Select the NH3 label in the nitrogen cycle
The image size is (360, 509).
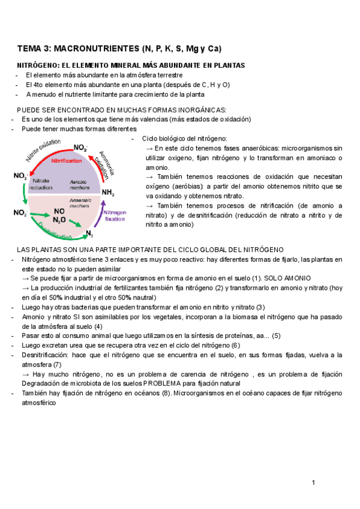pyautogui.click(x=108, y=192)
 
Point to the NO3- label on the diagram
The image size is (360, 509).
pyautogui.click(x=20, y=175)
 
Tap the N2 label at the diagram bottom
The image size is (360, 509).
pyautogui.click(x=90, y=233)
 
